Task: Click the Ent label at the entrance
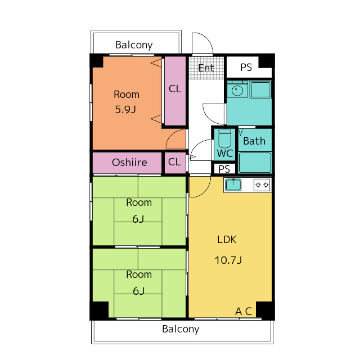[206, 68]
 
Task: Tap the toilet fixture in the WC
[224, 138]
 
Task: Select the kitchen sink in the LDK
[233, 185]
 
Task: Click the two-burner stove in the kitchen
[262, 185]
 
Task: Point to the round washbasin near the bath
[237, 91]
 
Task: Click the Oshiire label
[129, 163]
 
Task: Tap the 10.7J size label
[228, 260]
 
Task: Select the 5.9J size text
[125, 109]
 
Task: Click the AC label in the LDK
[244, 312]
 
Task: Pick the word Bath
[254, 141]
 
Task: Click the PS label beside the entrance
[246, 67]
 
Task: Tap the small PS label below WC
[224, 169]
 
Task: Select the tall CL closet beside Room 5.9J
[175, 91]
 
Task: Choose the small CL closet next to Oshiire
[175, 163]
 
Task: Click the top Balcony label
[134, 45]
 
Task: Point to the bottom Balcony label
[181, 329]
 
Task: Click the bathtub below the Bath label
[255, 163]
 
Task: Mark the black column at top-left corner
[96, 61]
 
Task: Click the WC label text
[225, 154]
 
